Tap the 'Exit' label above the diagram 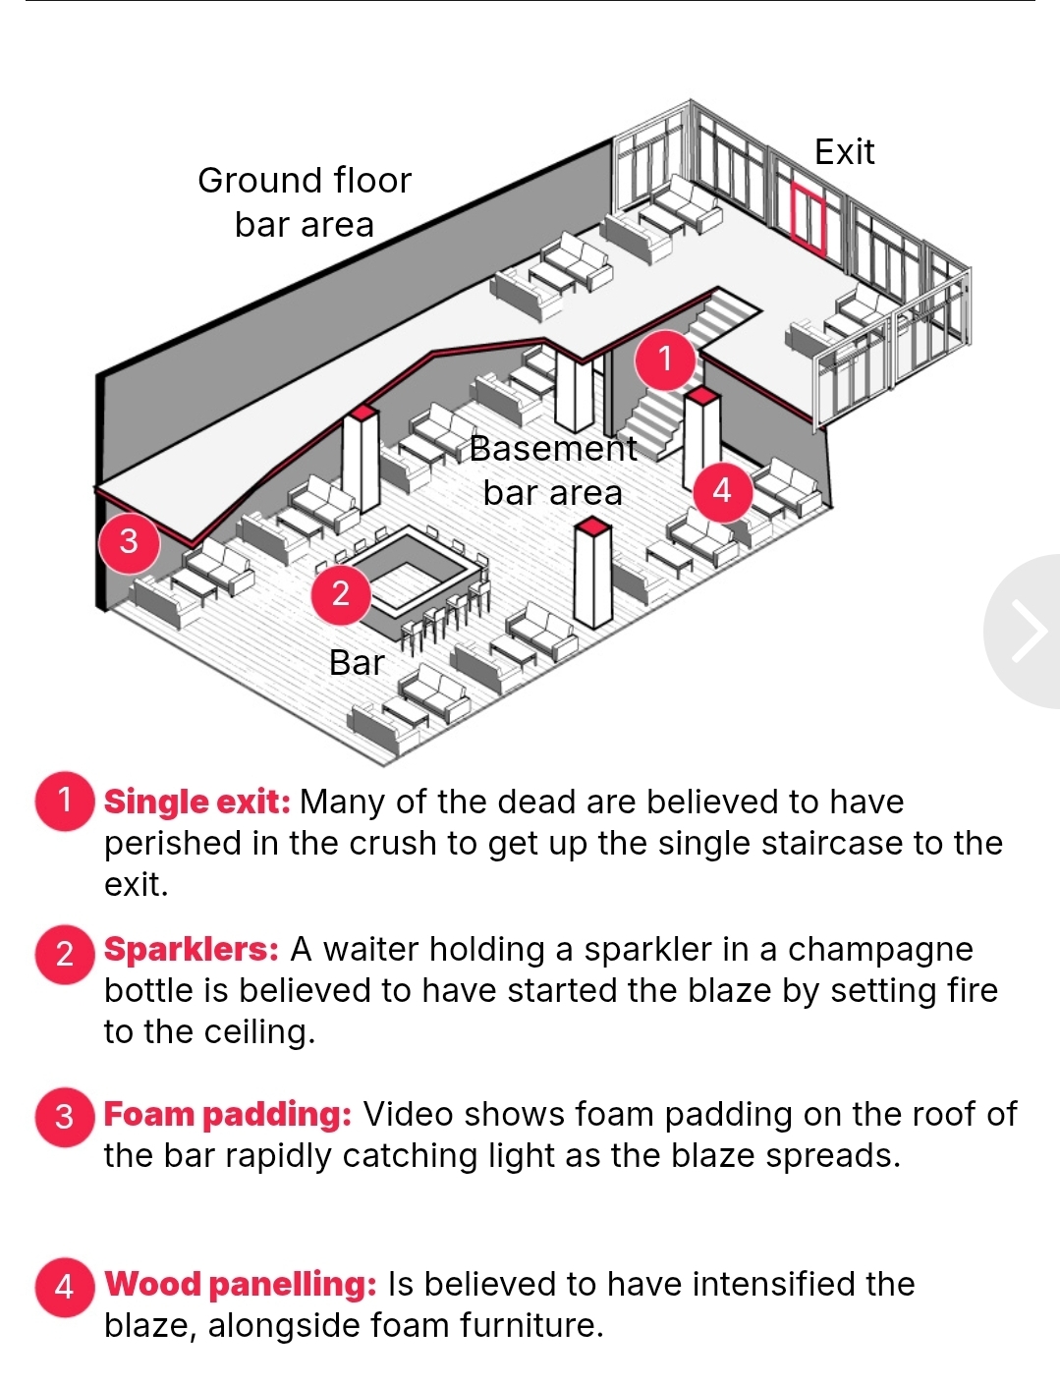pyautogui.click(x=844, y=152)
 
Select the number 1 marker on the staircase pyautogui.click(x=665, y=359)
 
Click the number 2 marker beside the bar pyautogui.click(x=340, y=593)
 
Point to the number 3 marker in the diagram pyautogui.click(x=129, y=541)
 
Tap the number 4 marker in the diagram pyautogui.click(x=722, y=489)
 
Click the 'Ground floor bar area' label pyautogui.click(x=305, y=202)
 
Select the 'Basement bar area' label pyautogui.click(x=553, y=471)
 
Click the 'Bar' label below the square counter pyautogui.click(x=356, y=663)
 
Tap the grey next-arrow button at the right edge pyautogui.click(x=1026, y=631)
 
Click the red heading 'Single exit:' pyautogui.click(x=197, y=802)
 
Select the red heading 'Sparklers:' pyautogui.click(x=192, y=949)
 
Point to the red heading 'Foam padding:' pyautogui.click(x=228, y=1114)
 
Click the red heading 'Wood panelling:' pyautogui.click(x=241, y=1284)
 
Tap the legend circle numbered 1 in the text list pyautogui.click(x=65, y=801)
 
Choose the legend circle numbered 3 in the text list pyautogui.click(x=65, y=1116)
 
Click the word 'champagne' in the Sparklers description pyautogui.click(x=880, y=950)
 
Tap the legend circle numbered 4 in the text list pyautogui.click(x=65, y=1286)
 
